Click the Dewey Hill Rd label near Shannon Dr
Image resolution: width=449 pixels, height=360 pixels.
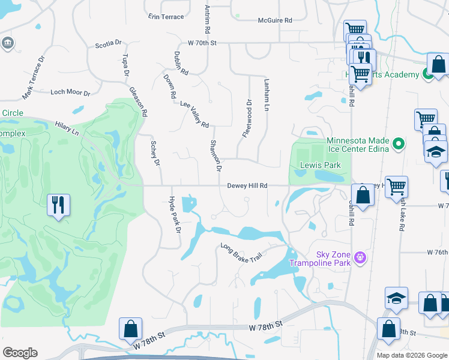click(x=247, y=185)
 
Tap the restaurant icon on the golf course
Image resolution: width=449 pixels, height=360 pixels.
click(x=58, y=205)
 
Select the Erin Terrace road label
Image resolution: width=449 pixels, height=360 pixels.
click(x=166, y=17)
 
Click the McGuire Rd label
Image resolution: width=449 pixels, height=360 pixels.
click(x=274, y=20)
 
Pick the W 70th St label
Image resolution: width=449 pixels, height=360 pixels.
click(x=201, y=43)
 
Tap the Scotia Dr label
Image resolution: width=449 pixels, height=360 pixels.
click(x=108, y=44)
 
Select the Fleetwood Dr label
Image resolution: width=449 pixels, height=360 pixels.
click(x=246, y=118)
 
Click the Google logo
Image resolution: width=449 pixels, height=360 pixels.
click(x=20, y=353)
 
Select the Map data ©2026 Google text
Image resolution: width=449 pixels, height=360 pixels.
click(x=411, y=355)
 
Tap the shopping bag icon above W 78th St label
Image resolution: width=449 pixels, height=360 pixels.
click(x=130, y=329)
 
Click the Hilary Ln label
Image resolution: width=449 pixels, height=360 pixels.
click(x=67, y=128)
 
